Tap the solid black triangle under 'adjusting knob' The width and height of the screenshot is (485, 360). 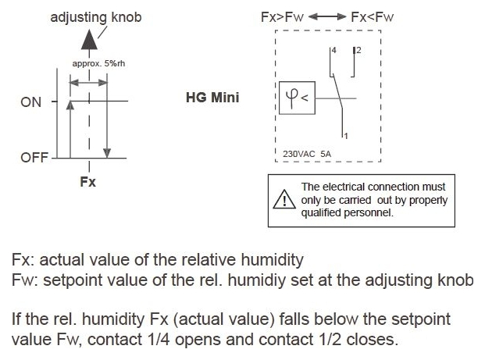[91, 38]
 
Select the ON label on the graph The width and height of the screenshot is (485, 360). [31, 102]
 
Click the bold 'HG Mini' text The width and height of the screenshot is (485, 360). [212, 99]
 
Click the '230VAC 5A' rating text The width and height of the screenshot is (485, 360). [307, 153]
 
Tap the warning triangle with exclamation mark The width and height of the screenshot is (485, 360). [280, 200]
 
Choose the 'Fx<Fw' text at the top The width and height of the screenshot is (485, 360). [374, 15]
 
